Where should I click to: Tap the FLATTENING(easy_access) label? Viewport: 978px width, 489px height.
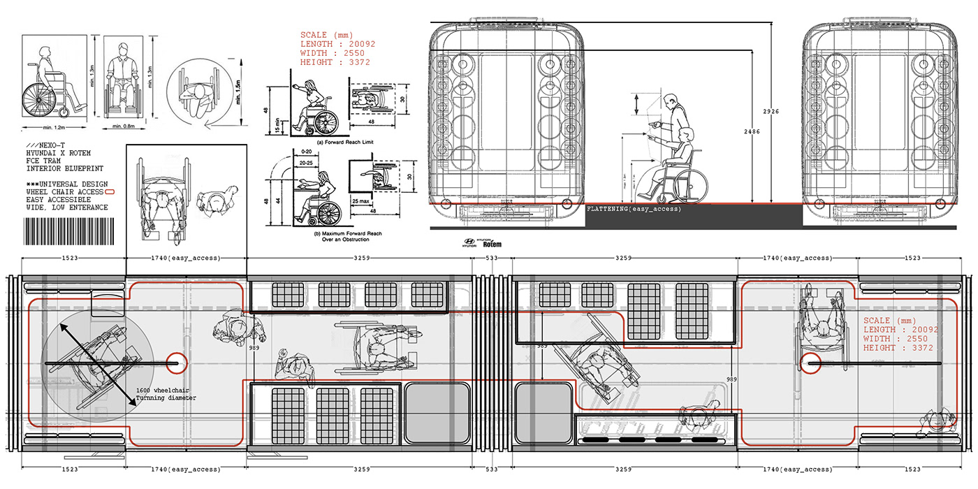coord(634,208)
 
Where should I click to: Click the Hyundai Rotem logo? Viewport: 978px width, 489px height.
coord(481,242)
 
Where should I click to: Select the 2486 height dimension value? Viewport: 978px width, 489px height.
coord(752,131)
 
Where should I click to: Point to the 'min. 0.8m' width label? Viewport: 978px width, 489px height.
coord(126,128)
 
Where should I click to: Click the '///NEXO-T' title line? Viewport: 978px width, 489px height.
coord(43,144)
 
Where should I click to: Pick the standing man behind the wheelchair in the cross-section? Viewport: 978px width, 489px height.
coord(673,119)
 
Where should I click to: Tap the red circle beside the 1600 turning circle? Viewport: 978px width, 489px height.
coord(175,363)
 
